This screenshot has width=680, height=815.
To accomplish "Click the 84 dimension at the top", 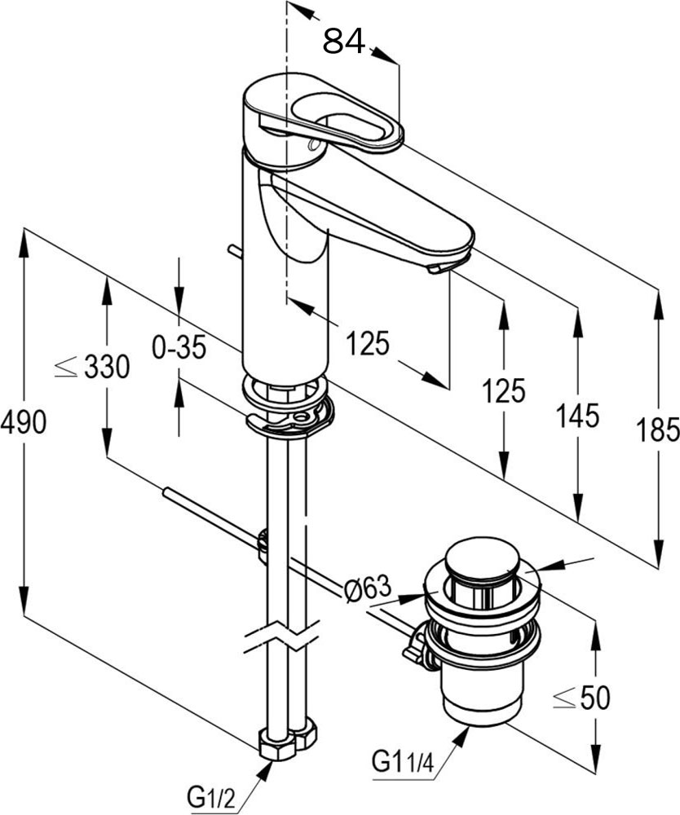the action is coord(343,41).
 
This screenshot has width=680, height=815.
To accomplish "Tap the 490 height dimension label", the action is coord(24,422).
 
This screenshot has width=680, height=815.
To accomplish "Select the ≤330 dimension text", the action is coord(92,367).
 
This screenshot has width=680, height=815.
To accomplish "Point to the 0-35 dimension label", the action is coord(179,346).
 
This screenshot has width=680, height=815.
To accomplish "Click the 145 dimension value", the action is coord(577,416).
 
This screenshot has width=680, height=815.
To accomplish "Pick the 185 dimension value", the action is coord(658,430).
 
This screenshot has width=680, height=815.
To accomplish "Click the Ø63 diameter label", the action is coord(367,589).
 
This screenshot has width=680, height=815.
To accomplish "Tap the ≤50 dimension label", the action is coord(581,698).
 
